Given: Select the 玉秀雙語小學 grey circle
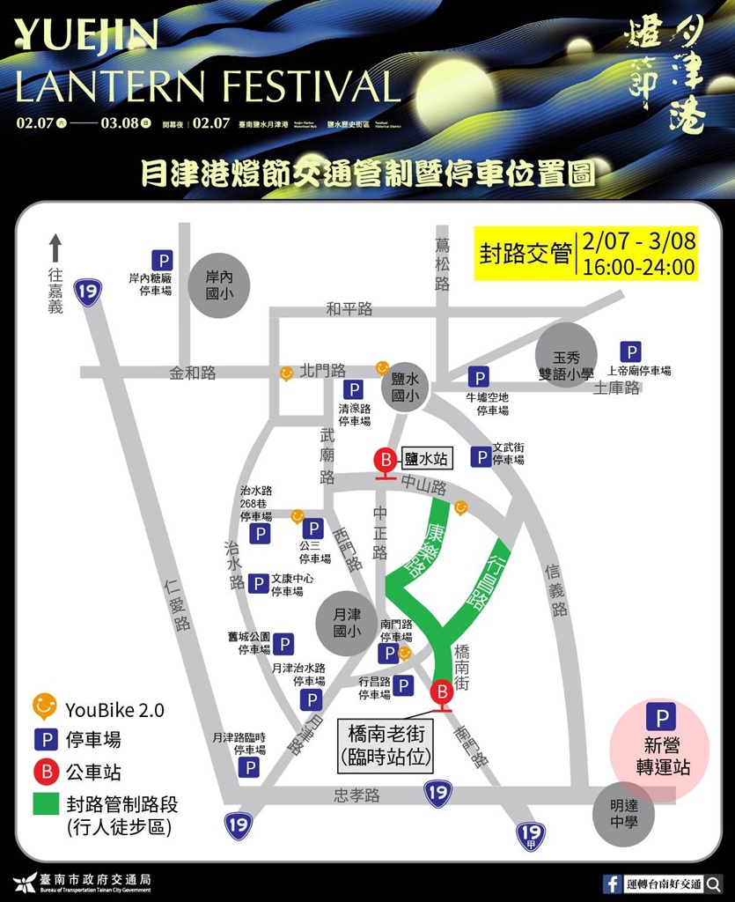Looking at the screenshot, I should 567,356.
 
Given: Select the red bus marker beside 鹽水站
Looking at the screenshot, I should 385,461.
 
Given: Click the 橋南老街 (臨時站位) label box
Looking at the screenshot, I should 387,745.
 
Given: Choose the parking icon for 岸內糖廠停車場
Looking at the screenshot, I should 162,261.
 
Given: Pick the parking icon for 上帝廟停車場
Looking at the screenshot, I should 630,352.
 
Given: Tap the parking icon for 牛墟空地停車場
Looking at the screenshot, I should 478,379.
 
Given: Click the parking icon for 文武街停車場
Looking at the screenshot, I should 481,456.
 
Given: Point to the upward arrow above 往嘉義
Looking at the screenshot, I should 55,248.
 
